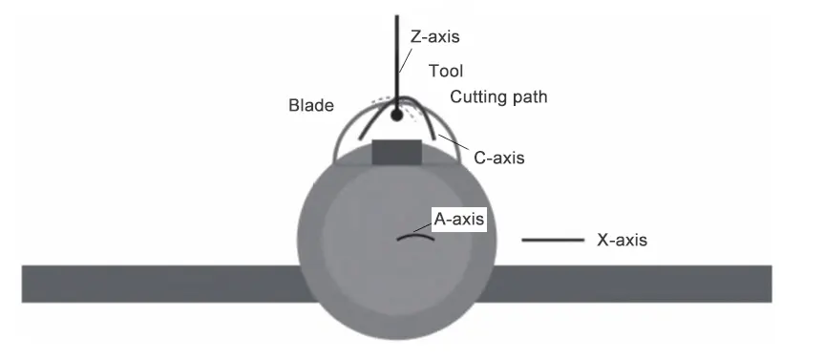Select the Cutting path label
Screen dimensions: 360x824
coord(498,97)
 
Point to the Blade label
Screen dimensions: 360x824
coord(310,106)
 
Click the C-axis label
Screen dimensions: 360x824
coord(498,158)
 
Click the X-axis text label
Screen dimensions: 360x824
coord(622,241)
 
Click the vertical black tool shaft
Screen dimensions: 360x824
coord(394,57)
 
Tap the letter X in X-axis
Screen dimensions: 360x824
coord(603,241)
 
